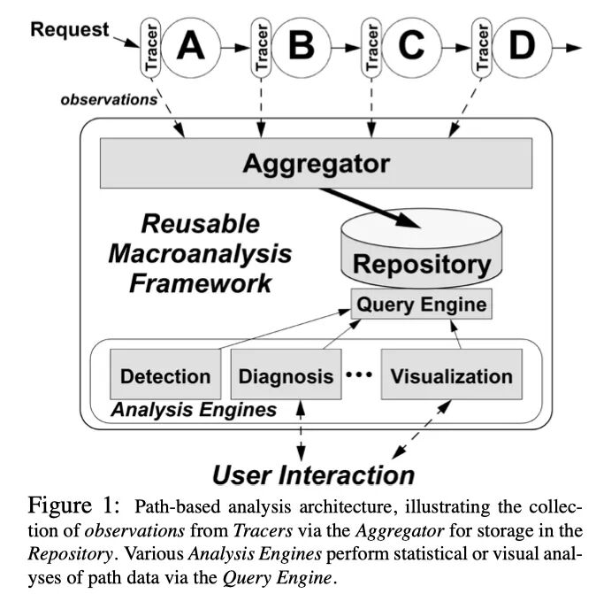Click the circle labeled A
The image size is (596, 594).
(x=190, y=46)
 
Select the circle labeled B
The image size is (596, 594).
(x=301, y=46)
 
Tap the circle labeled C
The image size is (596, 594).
(x=410, y=46)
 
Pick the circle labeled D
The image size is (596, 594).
(x=521, y=46)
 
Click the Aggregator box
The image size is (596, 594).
(x=316, y=164)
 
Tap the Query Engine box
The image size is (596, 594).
(x=421, y=305)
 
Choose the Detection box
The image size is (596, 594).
(x=164, y=376)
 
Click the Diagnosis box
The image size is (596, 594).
(x=286, y=376)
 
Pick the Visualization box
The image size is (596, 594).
(x=451, y=376)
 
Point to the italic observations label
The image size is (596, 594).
(x=108, y=99)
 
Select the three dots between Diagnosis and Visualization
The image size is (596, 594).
(x=359, y=375)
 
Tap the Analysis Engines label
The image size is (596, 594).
(x=193, y=411)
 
